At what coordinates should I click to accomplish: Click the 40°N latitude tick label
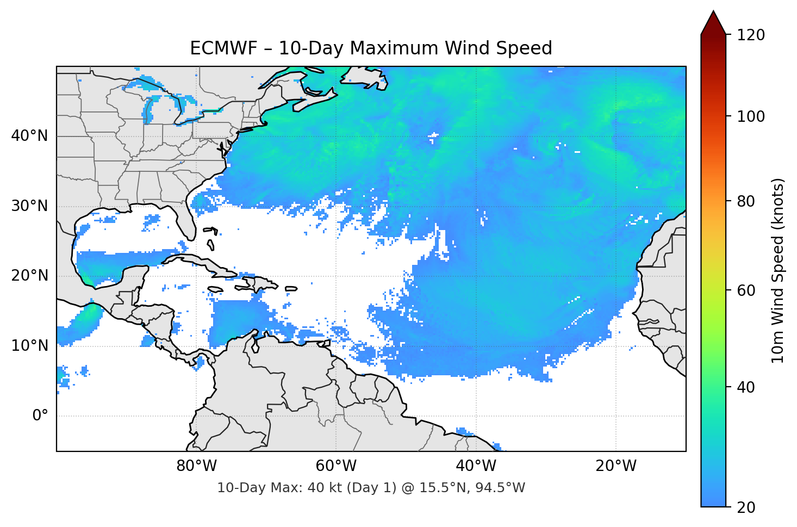click(x=29, y=136)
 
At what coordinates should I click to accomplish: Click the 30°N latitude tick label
click(x=29, y=206)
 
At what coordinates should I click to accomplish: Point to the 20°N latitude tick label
click(x=29, y=276)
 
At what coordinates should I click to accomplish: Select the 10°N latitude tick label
click(x=29, y=346)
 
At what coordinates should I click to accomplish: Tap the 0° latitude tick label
click(x=40, y=416)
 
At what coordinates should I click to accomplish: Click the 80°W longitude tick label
click(x=196, y=466)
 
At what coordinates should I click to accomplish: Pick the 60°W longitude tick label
click(x=336, y=466)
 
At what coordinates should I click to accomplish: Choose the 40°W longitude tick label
click(x=476, y=466)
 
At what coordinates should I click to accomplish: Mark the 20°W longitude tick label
click(x=616, y=466)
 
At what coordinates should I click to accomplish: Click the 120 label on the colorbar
click(x=750, y=35)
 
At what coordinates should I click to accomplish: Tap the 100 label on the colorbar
click(x=750, y=116)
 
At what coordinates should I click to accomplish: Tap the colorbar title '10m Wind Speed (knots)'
click(x=778, y=270)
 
